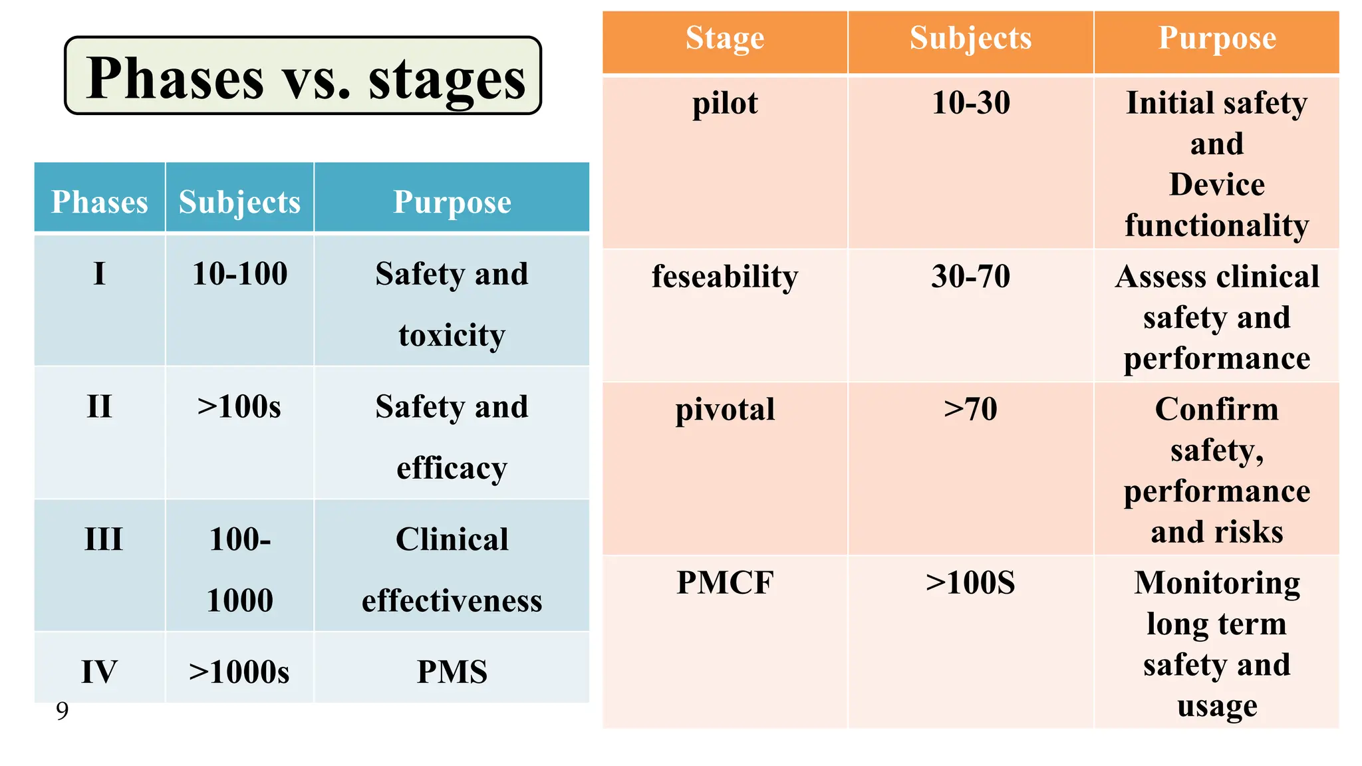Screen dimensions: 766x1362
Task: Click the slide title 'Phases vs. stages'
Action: point(305,78)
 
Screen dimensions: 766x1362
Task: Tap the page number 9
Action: point(62,711)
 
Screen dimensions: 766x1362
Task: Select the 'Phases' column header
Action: point(100,201)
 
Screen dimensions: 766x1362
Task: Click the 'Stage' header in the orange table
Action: point(725,38)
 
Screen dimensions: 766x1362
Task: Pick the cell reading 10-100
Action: point(239,273)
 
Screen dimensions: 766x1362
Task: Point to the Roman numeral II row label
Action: point(100,406)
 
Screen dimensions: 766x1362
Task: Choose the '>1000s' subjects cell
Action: point(239,672)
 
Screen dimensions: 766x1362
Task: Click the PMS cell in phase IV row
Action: point(452,672)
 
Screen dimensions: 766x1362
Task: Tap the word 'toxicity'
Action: point(452,335)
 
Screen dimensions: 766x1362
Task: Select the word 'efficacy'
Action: point(452,468)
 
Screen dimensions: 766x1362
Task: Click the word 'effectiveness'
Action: point(452,600)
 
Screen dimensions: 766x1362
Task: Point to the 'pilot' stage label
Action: point(725,103)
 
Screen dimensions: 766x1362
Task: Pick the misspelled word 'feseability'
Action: point(725,277)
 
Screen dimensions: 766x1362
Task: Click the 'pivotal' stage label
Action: point(725,410)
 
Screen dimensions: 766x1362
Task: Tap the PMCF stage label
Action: point(725,582)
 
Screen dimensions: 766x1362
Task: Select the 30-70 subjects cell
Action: point(971,277)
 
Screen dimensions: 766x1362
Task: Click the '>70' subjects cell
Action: point(971,410)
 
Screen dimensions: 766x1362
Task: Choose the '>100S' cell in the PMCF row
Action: point(971,582)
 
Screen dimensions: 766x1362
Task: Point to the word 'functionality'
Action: point(1217,225)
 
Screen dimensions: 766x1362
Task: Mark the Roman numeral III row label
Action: point(104,539)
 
